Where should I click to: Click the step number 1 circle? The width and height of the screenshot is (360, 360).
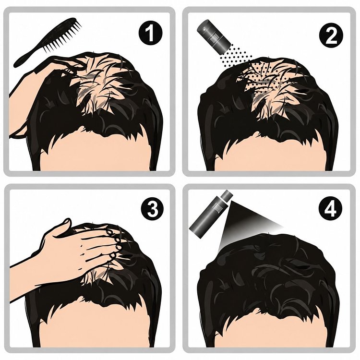tap(150, 33)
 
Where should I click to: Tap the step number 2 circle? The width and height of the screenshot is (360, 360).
tap(331, 36)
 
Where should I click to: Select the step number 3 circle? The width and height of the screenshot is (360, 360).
tap(153, 209)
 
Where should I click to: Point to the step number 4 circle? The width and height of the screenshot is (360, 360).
tap(330, 209)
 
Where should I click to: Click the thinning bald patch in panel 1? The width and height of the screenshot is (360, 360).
tap(96, 85)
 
